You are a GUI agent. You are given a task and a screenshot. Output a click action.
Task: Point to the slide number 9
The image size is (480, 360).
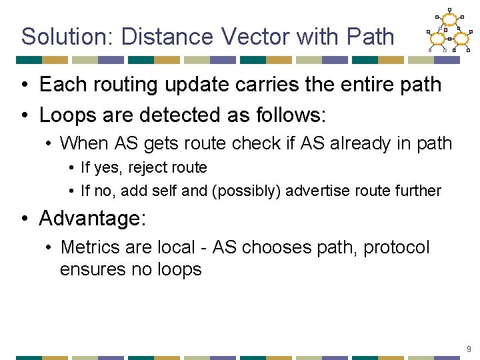[469, 349]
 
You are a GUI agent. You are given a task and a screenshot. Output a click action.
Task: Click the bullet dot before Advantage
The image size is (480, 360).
[24, 219]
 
